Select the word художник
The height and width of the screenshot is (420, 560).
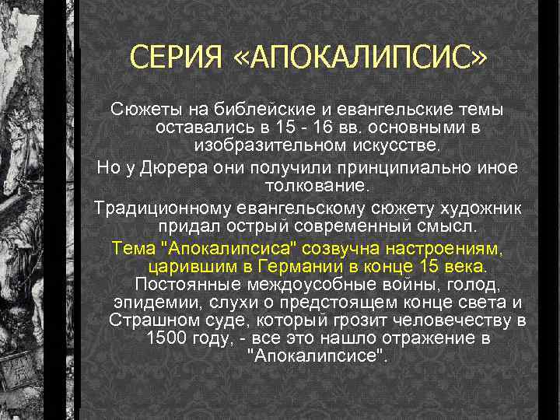click(x=489, y=208)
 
